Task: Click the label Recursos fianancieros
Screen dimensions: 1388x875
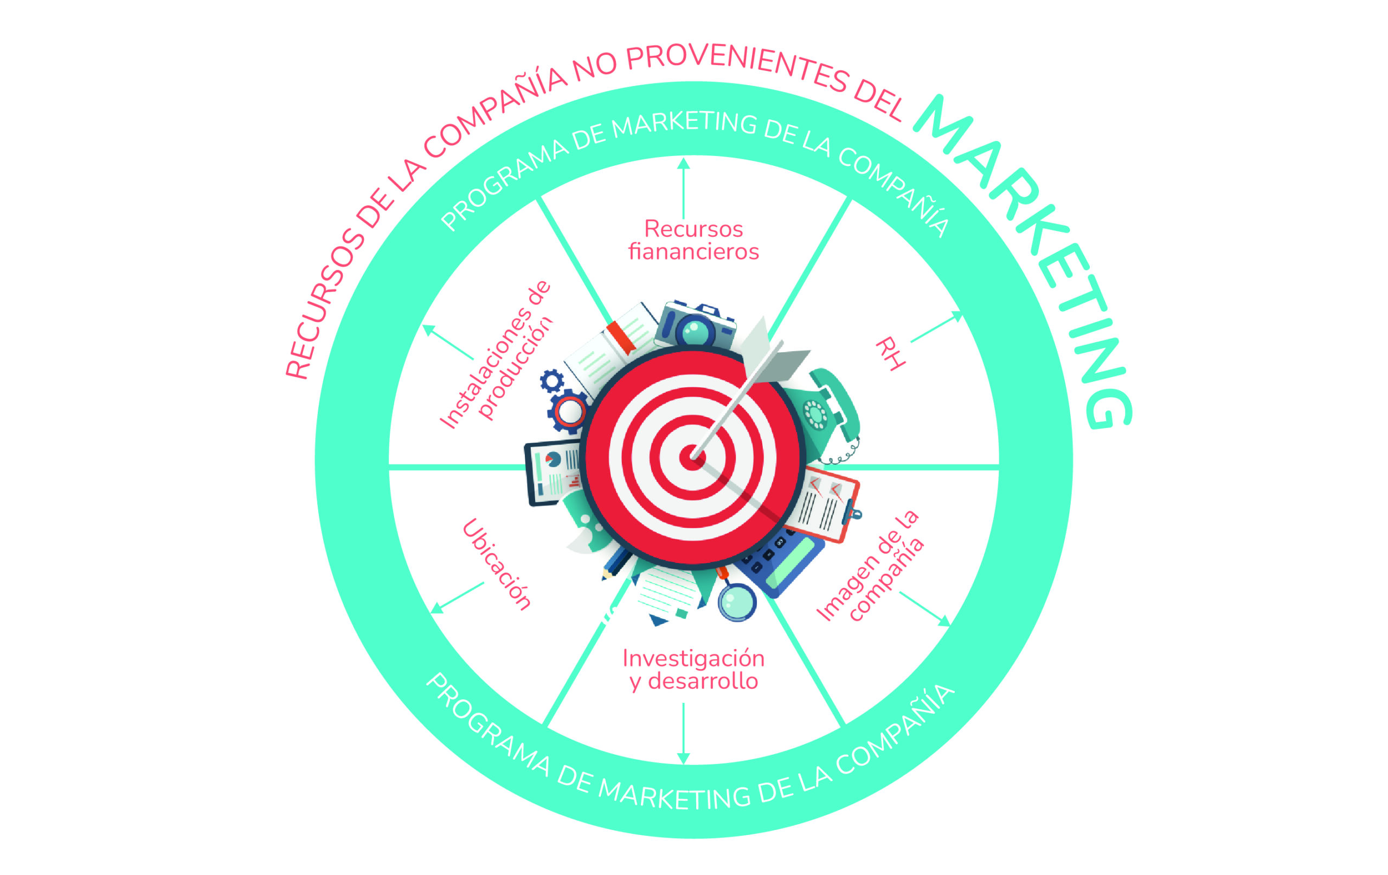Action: point(693,240)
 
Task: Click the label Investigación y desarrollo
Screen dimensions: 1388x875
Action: point(693,669)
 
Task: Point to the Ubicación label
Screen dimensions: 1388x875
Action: point(496,564)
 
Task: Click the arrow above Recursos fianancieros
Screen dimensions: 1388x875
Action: point(684,188)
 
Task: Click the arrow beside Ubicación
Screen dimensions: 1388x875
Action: point(457,598)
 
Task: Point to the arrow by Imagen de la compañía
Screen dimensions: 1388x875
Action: point(924,609)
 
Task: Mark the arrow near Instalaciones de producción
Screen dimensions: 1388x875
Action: point(448,341)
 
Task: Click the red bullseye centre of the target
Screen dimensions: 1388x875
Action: point(692,457)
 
